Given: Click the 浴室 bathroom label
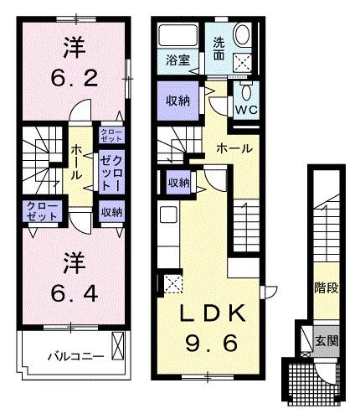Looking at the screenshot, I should tap(177, 60).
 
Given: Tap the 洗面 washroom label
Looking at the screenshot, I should tap(218, 49).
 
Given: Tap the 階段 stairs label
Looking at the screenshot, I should tap(326, 290).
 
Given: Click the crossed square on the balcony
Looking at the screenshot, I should tap(118, 344).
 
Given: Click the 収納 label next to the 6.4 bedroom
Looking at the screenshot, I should tap(111, 212).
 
